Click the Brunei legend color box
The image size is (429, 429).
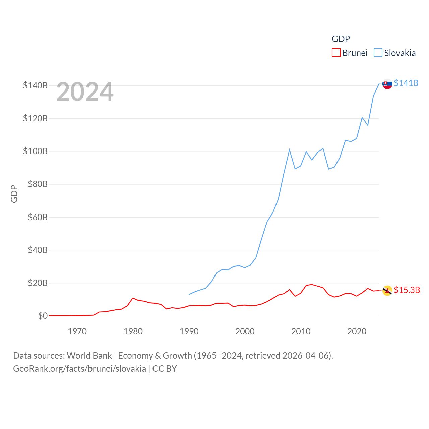336,53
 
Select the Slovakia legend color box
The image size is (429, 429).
378,53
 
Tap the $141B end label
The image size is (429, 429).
406,83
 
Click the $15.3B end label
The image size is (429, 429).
407,290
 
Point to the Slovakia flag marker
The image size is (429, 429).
387,84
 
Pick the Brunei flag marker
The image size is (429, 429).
387,291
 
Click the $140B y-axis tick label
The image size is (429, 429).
35,85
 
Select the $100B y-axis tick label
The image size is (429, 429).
35,151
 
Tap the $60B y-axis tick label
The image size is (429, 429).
38,217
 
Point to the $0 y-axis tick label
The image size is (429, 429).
43,316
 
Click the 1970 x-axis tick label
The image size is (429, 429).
77,331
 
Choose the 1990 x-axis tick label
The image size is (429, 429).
189,331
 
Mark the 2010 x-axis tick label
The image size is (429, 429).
301,331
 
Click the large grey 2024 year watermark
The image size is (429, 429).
85,92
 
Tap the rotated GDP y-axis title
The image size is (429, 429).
14,194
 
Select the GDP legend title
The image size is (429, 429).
341,39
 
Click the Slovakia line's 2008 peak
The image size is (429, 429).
289,150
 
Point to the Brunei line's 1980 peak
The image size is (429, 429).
133,298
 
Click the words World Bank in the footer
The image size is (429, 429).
89,355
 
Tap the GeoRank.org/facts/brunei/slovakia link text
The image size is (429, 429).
79,369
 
